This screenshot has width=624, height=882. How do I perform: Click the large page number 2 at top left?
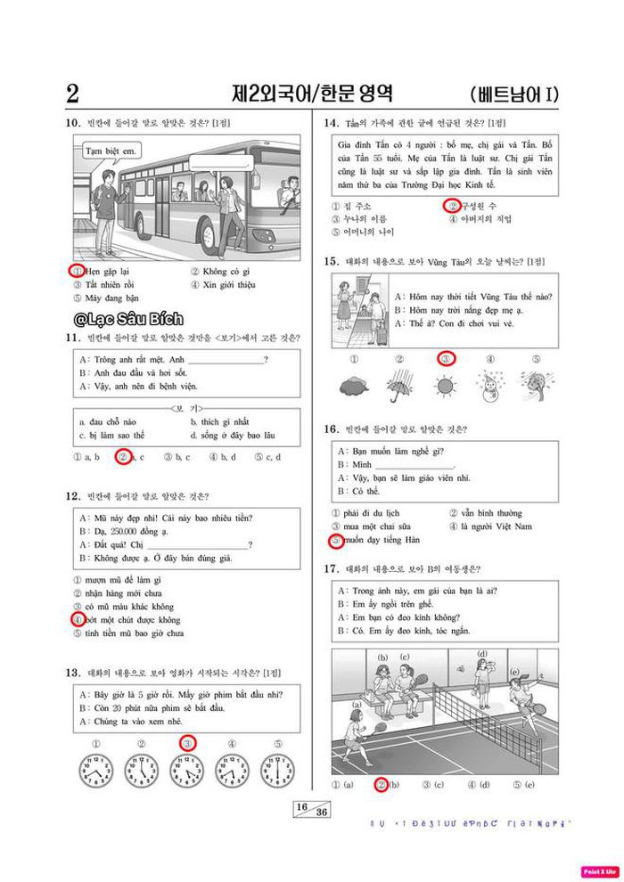coord(73,94)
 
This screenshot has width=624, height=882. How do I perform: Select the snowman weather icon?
coord(490,388)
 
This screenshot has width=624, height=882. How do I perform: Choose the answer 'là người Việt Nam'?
coord(497,527)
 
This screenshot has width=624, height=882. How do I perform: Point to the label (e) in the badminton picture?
coord(514,672)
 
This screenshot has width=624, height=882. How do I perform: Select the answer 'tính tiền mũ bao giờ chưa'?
coord(133,633)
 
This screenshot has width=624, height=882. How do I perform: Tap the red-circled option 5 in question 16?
coord(335,540)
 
